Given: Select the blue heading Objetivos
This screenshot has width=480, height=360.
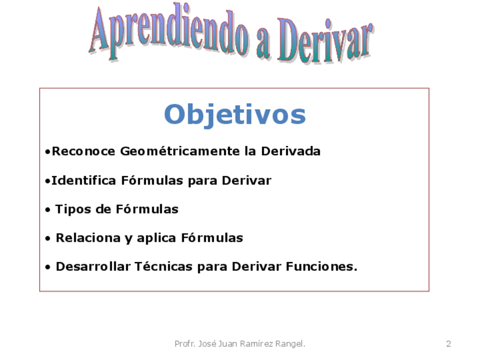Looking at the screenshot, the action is click(235, 115).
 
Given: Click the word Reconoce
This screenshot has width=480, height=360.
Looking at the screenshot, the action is click(83, 151).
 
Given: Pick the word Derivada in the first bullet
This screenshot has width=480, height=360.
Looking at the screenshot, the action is click(290, 151).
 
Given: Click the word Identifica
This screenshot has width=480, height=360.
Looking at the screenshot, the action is click(84, 181).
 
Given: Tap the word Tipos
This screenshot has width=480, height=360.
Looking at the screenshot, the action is click(73, 210).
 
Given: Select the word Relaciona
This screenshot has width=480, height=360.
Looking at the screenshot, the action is click(88, 238).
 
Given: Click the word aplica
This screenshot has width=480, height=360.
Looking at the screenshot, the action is click(156, 238).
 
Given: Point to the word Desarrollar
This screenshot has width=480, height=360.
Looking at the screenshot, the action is click(93, 267).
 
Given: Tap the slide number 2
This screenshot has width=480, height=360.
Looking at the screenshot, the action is click(448, 344).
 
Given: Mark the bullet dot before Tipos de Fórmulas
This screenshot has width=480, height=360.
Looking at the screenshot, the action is click(48, 211).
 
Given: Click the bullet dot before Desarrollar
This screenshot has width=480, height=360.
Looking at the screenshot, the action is click(48, 267).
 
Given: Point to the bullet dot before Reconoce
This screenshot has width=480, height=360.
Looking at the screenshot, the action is click(48, 152).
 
